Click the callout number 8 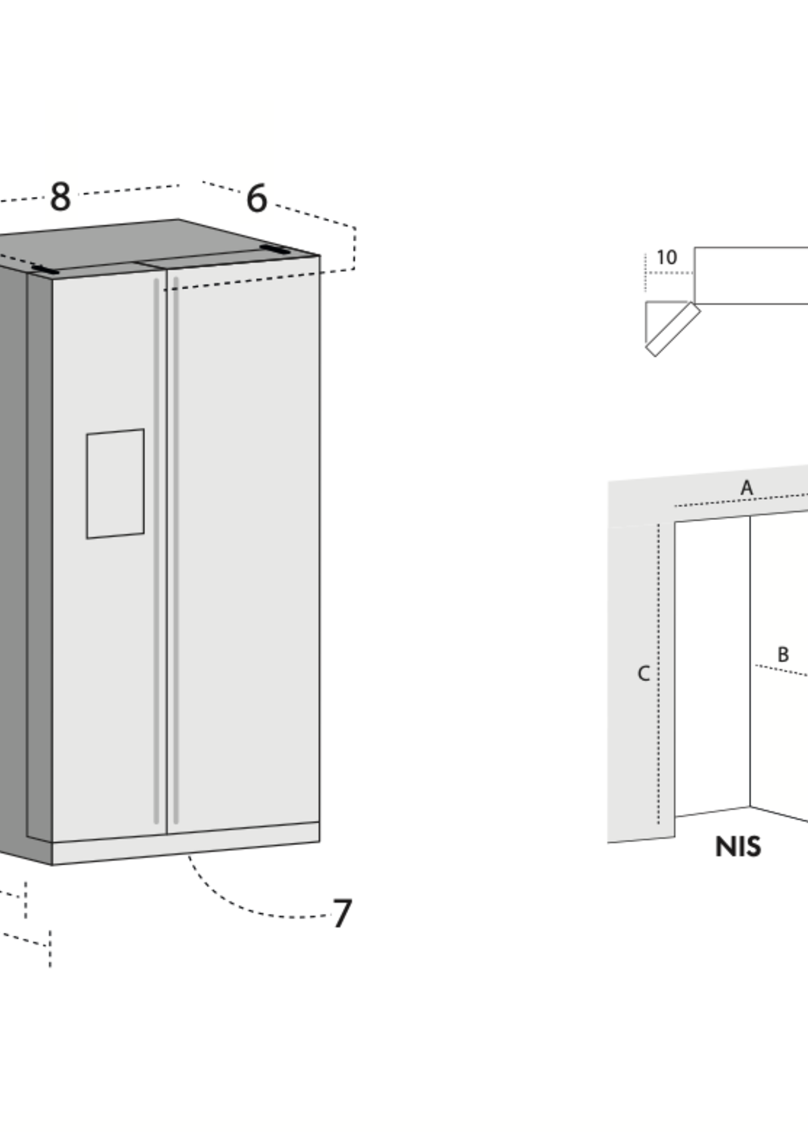pos(61,197)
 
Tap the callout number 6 pos(257,198)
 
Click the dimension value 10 pos(667,257)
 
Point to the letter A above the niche pos(746,488)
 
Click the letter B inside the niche pos(783,655)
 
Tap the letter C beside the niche pos(643,673)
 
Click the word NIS pos(738,847)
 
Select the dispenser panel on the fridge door pos(115,484)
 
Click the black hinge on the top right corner pos(275,250)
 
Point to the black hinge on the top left pos(45,270)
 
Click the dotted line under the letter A pos(741,500)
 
